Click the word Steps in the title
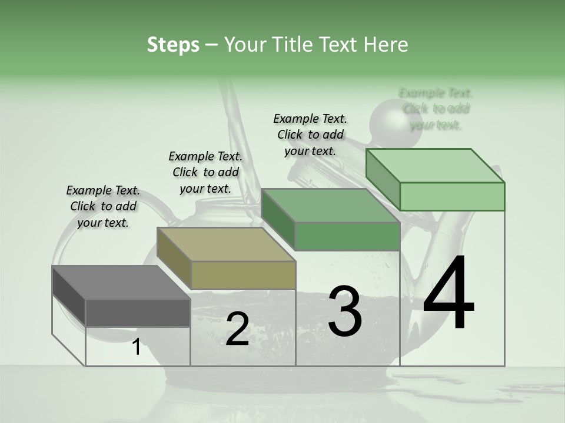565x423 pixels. click(x=173, y=45)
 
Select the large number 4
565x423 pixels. click(x=448, y=294)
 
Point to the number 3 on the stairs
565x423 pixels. click(x=345, y=311)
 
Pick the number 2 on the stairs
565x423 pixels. click(x=237, y=329)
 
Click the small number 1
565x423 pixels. click(x=137, y=347)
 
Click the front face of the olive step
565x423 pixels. click(x=243, y=275)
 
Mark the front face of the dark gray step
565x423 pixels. click(x=138, y=313)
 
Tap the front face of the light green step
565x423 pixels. click(x=452, y=196)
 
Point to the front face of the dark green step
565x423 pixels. click(x=347, y=236)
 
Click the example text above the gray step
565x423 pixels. click(x=103, y=206)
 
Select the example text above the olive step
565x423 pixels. click(x=205, y=172)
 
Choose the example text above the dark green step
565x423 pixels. click(x=310, y=135)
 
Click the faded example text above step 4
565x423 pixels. click(x=436, y=109)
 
